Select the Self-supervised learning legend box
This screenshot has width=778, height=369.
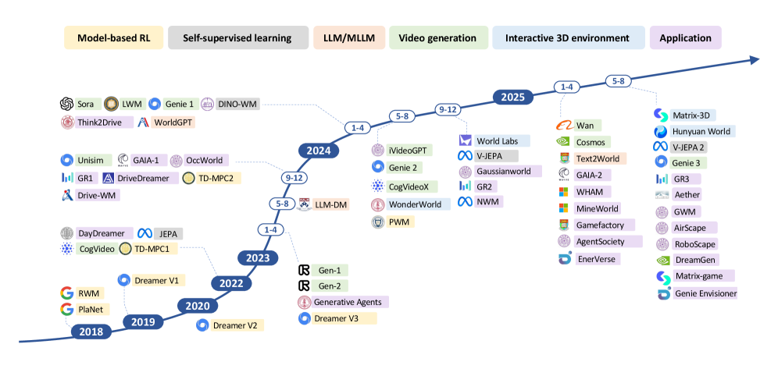click(237, 37)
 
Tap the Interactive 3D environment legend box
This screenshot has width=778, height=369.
click(567, 37)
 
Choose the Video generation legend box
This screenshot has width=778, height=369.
click(437, 37)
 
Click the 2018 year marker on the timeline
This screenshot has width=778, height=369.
click(92, 332)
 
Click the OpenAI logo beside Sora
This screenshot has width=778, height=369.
click(67, 103)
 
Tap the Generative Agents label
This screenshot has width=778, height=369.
click(350, 302)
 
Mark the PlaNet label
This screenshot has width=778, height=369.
click(91, 309)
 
